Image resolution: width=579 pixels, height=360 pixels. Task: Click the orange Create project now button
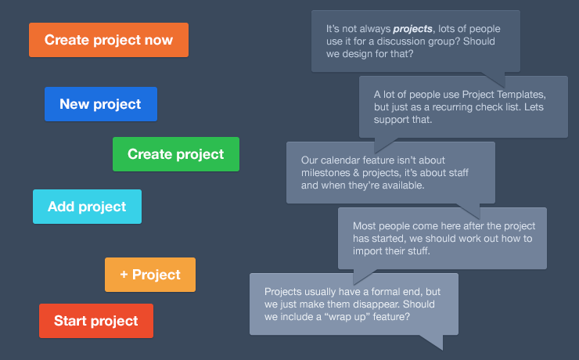tap(109, 40)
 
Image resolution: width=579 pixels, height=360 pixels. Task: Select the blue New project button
tap(101, 104)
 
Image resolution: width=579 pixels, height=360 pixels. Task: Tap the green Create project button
tap(176, 154)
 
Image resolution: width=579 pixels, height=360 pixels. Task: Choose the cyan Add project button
tap(87, 207)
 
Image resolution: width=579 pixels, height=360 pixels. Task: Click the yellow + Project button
tap(150, 275)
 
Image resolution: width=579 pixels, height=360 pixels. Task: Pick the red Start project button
tap(96, 321)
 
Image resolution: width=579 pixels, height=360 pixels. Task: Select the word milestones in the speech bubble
tap(329, 173)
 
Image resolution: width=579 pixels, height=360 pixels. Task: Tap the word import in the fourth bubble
tap(372, 251)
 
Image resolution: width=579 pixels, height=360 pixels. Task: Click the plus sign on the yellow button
tap(124, 275)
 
